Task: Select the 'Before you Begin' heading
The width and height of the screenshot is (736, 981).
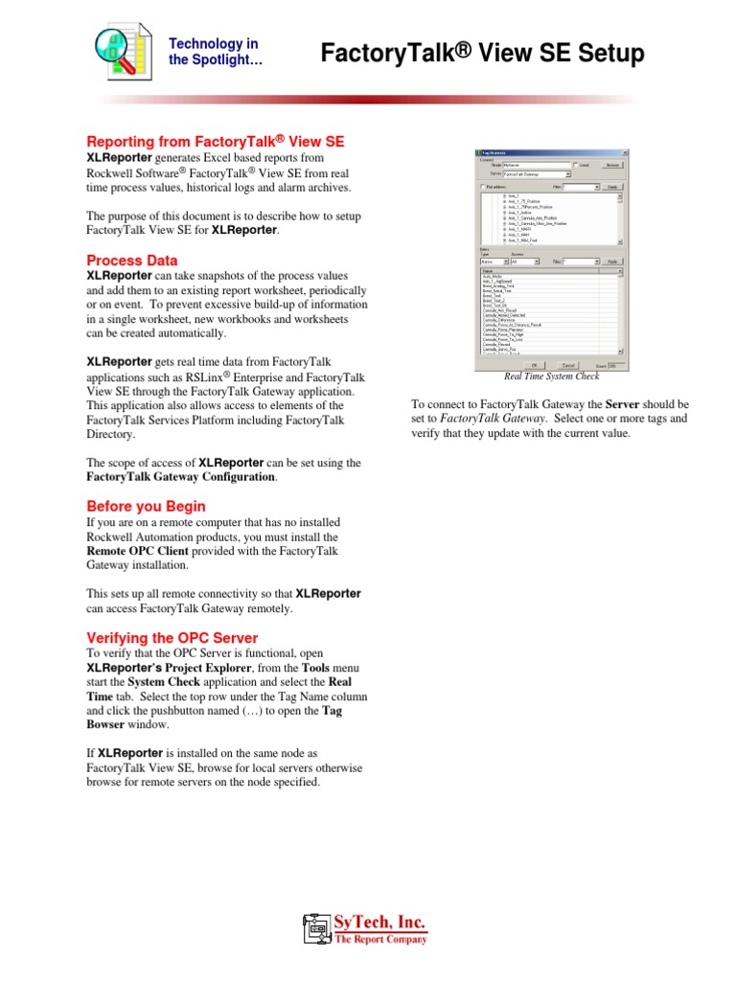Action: click(x=146, y=506)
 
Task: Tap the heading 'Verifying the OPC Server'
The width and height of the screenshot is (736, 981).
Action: click(x=172, y=637)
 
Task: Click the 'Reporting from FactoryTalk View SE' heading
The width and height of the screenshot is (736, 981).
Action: click(x=215, y=142)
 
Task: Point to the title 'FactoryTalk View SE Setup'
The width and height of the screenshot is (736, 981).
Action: click(x=482, y=55)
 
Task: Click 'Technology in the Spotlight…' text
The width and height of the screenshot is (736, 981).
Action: click(x=214, y=53)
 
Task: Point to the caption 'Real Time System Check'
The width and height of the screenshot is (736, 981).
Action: click(x=552, y=376)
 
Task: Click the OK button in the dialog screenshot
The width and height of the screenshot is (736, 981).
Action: click(x=535, y=365)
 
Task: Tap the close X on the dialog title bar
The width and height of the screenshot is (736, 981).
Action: click(x=625, y=152)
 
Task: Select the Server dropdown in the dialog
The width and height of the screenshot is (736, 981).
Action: click(x=538, y=174)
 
